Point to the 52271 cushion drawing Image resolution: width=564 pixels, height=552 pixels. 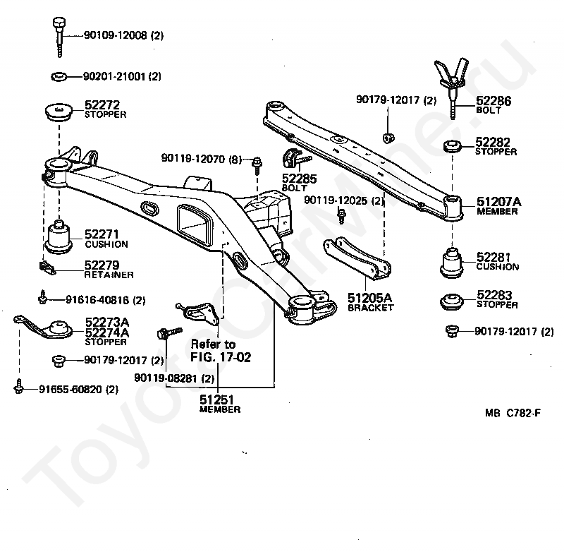(59, 237)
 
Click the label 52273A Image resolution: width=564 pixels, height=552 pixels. (107, 322)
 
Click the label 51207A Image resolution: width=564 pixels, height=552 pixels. (498, 202)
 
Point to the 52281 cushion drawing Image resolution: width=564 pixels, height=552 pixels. (452, 262)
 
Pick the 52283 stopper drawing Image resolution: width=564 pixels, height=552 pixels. (452, 301)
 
